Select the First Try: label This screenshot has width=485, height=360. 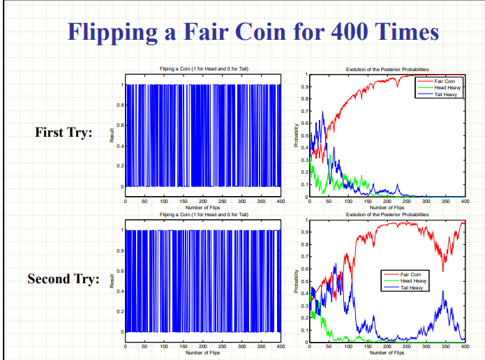64,133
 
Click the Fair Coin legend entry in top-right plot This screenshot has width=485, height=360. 445,82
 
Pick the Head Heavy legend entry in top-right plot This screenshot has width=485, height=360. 447,87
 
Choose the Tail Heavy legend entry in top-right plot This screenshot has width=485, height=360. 446,93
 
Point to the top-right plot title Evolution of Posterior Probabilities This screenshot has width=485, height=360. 387,70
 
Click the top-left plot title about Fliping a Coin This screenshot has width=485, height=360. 203,70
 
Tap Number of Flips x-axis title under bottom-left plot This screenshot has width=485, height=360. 203,353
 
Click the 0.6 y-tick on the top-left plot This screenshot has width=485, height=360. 119,126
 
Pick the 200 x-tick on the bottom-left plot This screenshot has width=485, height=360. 202,346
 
